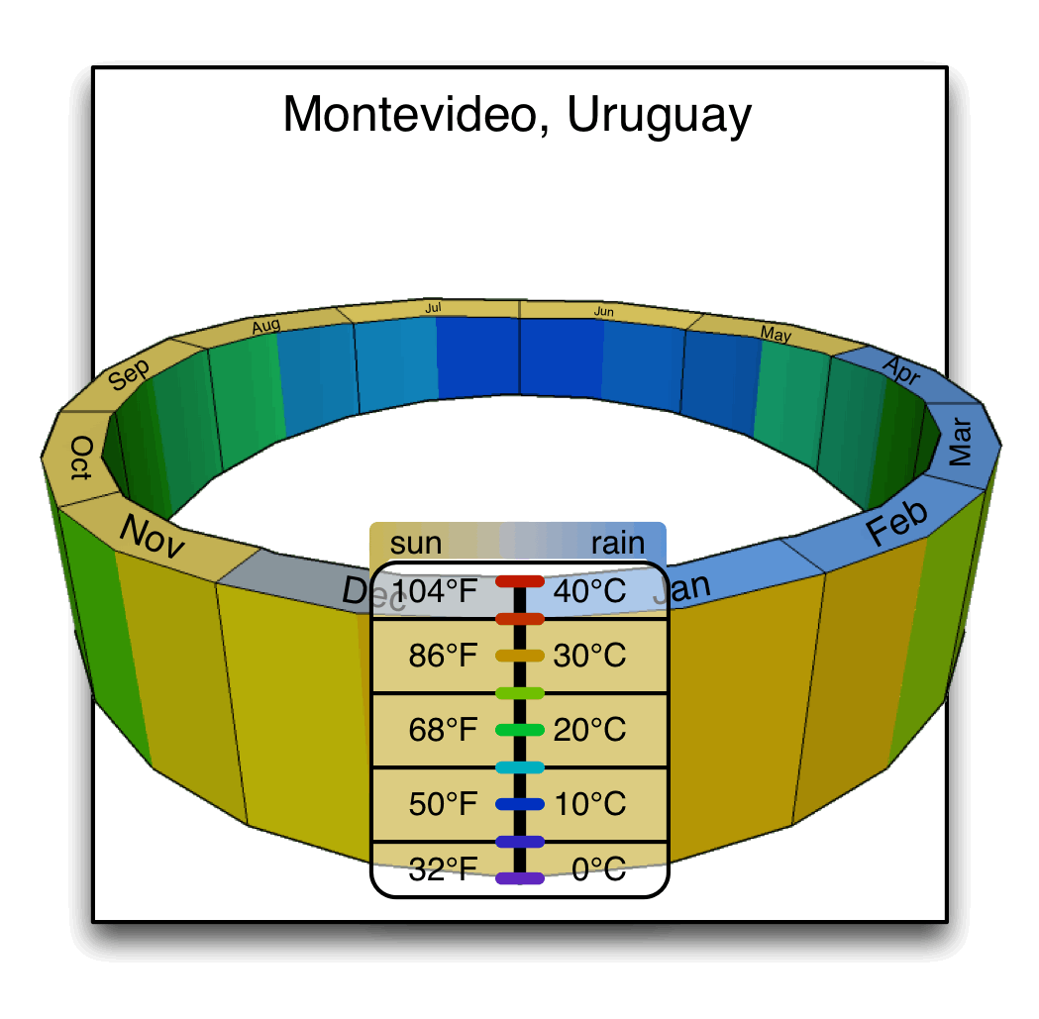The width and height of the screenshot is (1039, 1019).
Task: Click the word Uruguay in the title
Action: pyautogui.click(x=660, y=117)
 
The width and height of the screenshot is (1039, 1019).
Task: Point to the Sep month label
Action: pyautogui.click(x=129, y=375)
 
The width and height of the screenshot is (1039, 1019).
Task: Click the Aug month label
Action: pyautogui.click(x=265, y=326)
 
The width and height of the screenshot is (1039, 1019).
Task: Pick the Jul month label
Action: pyautogui.click(x=433, y=308)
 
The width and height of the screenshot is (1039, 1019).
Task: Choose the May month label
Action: pyautogui.click(x=777, y=335)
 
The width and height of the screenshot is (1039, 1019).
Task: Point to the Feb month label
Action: pyautogui.click(x=897, y=522)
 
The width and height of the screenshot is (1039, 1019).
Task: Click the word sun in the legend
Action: pyautogui.click(x=416, y=543)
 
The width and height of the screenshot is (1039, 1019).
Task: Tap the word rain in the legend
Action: pyautogui.click(x=617, y=543)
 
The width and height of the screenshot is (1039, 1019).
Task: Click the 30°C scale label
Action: pyautogui.click(x=589, y=656)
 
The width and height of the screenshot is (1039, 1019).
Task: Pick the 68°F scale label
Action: pyautogui.click(x=443, y=730)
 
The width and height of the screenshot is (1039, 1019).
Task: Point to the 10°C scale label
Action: pyautogui.click(x=589, y=803)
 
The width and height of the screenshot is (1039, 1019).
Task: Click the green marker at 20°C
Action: pyautogui.click(x=520, y=730)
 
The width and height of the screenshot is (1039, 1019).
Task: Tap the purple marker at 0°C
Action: pyautogui.click(x=520, y=878)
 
